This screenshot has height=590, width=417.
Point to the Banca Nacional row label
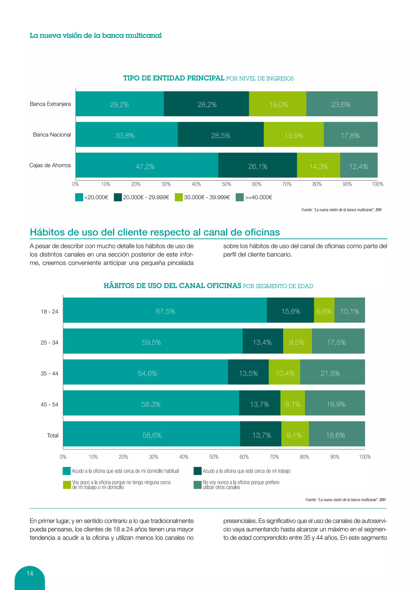click(x=52, y=135)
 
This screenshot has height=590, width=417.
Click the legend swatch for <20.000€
click(x=79, y=197)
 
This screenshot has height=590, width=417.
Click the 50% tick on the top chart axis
click(x=226, y=184)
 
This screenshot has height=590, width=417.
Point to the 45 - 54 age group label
click(x=49, y=404)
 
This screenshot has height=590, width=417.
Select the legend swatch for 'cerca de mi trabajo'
click(x=198, y=471)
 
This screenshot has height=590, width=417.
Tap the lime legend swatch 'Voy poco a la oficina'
click(x=67, y=485)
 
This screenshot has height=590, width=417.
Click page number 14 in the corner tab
click(x=30, y=573)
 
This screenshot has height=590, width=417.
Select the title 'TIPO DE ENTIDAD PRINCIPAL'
click(x=174, y=78)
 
